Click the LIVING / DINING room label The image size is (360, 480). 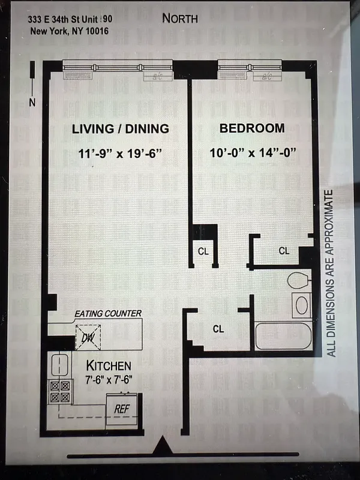click(120, 129)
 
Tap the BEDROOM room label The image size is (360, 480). click(251, 129)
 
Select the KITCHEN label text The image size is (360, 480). click(109, 365)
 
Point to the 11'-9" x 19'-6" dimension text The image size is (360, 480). click(120, 153)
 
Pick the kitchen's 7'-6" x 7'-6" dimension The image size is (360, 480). click(109, 379)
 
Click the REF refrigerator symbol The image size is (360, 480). click(122, 408)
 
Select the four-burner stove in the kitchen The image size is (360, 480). click(59, 392)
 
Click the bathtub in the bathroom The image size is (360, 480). click(282, 337)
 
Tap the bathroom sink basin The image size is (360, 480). click(301, 305)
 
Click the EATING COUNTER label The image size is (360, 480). click(108, 314)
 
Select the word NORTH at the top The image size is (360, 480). click(180, 19)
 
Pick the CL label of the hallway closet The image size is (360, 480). click(218, 329)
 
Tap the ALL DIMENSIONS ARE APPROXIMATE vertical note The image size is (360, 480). click(329, 273)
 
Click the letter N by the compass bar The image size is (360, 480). click(32, 103)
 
